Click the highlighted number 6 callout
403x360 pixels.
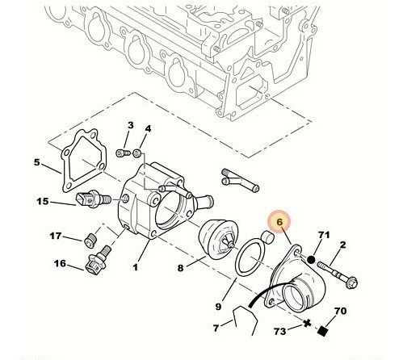[279, 221]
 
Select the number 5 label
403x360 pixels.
[37, 163]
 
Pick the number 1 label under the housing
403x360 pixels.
[136, 267]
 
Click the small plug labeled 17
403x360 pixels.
[90, 239]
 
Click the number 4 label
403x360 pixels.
[148, 129]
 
